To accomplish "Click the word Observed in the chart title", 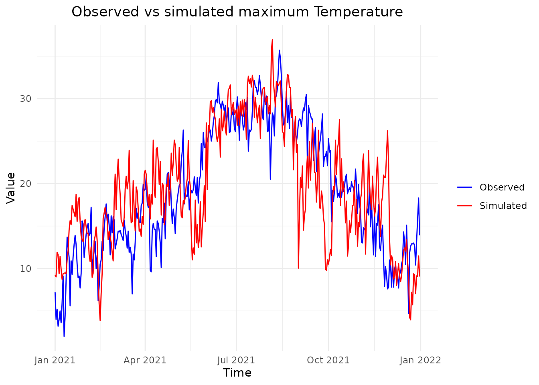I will (x=99, y=12).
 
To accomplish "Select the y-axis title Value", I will (x=11, y=188).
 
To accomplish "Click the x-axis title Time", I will (x=237, y=373).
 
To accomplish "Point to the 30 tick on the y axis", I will (x=26, y=99).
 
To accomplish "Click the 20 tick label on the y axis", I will (x=26, y=184).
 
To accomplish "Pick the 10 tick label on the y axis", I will (x=26, y=268).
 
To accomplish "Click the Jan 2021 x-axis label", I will (x=55, y=360).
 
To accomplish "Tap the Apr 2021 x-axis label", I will (x=145, y=360).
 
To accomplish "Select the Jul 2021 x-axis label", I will (x=236, y=360).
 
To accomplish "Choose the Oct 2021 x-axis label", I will (x=328, y=360).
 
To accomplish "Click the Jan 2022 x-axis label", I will (x=420, y=360).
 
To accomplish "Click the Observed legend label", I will (x=502, y=187).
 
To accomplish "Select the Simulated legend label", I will (x=503, y=206).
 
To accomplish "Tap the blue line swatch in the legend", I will (x=465, y=187).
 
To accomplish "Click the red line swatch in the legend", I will (x=465, y=206).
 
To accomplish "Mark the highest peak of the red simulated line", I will (x=272, y=40).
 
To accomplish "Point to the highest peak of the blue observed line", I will (x=280, y=50).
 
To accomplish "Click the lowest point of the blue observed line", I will (x=64, y=336).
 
